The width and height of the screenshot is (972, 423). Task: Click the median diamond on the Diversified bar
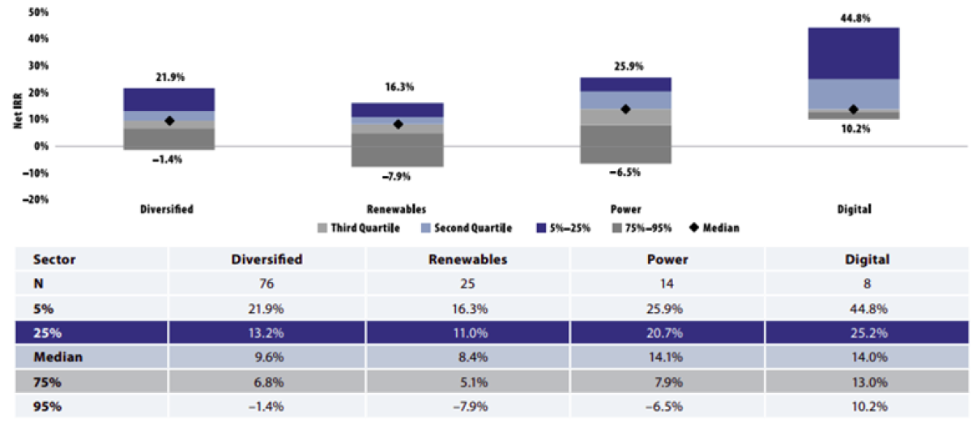(169, 121)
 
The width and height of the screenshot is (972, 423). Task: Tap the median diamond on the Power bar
(625, 109)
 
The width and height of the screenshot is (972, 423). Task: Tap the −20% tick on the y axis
(36, 199)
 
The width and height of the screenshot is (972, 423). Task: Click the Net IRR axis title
(17, 120)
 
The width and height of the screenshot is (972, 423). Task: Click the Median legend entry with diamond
(714, 229)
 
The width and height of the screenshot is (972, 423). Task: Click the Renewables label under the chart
(397, 209)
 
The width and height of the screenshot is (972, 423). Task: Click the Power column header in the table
(667, 260)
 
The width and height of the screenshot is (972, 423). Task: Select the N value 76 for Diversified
(266, 284)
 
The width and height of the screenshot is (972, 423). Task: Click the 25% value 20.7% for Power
(667, 332)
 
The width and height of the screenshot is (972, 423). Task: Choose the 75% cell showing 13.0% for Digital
(867, 381)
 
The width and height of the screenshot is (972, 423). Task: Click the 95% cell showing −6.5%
(667, 405)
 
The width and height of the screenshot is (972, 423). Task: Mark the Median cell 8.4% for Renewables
(467, 357)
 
